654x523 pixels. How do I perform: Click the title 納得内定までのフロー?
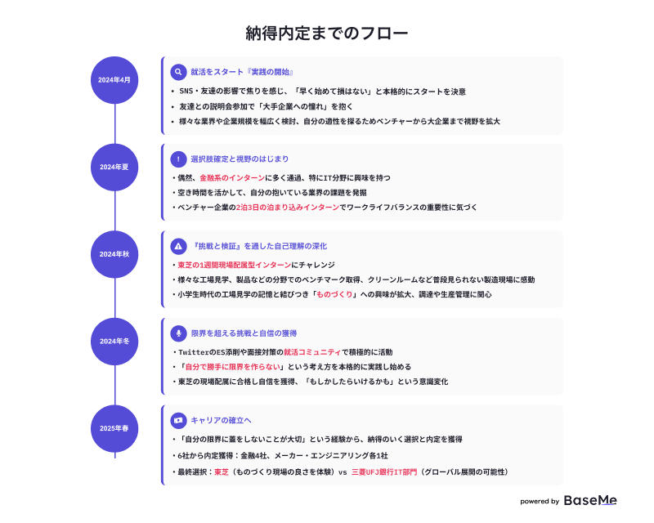(x=326, y=34)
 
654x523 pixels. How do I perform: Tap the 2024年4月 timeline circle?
(x=114, y=80)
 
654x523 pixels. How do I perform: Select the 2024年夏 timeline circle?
(x=114, y=168)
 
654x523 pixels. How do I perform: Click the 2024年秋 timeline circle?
(x=114, y=254)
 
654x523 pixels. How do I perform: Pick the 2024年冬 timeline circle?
(x=114, y=342)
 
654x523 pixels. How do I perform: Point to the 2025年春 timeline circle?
(x=114, y=428)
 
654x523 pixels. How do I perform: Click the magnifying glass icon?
(x=178, y=72)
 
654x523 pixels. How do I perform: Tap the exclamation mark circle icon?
(x=178, y=159)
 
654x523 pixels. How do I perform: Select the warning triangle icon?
(x=178, y=246)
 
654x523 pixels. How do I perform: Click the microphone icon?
(x=178, y=333)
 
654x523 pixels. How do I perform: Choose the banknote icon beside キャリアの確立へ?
(x=178, y=420)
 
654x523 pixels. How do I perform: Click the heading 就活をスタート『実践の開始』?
(x=242, y=72)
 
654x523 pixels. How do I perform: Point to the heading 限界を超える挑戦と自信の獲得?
(x=244, y=333)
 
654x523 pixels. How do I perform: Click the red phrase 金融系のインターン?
(x=232, y=178)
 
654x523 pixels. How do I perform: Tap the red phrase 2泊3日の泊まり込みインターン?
(x=288, y=208)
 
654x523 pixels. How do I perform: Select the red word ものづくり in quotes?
(x=334, y=294)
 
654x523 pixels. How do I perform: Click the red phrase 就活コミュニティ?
(x=312, y=352)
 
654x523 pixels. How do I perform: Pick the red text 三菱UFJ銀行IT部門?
(x=384, y=472)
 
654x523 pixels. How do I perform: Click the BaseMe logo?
(x=590, y=500)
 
